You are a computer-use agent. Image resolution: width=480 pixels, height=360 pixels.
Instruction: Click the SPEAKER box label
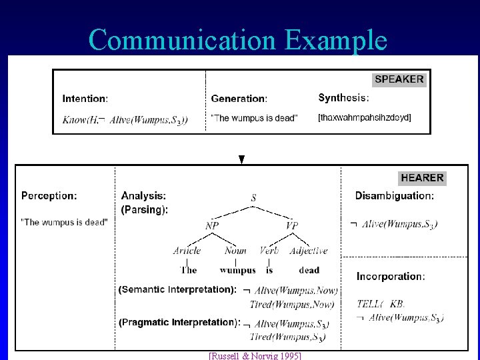pos(399,79)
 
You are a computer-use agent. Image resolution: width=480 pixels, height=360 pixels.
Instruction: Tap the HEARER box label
pos(422,178)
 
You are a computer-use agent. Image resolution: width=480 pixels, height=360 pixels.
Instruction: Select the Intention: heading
pos(85,99)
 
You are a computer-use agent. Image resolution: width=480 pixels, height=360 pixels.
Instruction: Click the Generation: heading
pos(239,99)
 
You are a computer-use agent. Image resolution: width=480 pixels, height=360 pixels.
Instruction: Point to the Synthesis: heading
pos(343,98)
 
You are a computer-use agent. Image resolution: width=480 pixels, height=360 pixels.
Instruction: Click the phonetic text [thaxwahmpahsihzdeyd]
pos(364,118)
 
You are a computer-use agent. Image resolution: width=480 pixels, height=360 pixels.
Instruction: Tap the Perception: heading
pos(49,196)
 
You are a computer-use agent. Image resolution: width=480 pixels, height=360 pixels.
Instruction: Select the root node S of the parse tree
pos(253,198)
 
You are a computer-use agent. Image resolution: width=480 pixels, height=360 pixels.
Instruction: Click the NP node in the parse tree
pos(212,226)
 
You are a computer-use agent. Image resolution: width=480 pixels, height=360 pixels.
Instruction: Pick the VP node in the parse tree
pos(291,226)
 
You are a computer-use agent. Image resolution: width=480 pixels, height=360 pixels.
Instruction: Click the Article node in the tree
pos(187,251)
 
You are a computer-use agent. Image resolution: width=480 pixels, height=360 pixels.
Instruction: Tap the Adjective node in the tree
pos(309,251)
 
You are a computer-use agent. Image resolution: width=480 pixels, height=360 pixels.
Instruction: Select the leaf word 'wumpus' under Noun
pos(237,270)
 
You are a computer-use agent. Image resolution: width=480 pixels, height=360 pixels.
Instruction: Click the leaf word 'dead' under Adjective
pos(309,270)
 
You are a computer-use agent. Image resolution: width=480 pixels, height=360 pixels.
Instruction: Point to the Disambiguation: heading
pos(394,196)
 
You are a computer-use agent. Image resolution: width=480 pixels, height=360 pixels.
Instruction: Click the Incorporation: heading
pos(390,276)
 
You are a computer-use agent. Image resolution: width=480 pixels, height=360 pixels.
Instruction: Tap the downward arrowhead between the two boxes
pos(242,160)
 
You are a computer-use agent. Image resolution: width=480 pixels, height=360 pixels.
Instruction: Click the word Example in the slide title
pos(335,40)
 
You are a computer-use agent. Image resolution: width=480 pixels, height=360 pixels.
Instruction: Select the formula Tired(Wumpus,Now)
pos(291,305)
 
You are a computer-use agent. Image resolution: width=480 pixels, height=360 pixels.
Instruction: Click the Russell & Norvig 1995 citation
pos(255,356)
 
